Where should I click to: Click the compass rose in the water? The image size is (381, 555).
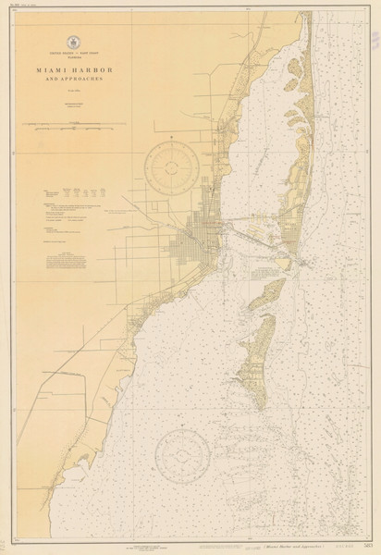[x=182, y=456]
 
